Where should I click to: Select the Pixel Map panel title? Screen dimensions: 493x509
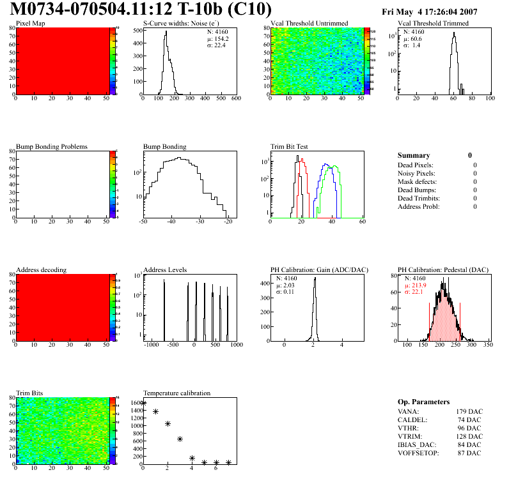pos(30,24)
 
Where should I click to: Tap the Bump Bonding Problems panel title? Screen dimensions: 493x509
pos(52,147)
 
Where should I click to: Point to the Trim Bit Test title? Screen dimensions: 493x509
pos(290,147)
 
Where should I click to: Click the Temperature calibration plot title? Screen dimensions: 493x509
pos(177,393)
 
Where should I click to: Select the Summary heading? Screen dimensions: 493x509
pos(414,155)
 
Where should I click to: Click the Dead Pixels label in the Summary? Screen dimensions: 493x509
pos(416,165)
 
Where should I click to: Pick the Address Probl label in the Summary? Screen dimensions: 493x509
pos(419,206)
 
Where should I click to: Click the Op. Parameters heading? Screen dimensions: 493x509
pos(424,402)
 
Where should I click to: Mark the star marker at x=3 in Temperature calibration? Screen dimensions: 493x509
pos(180,439)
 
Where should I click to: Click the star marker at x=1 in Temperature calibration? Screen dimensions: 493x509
pos(156,412)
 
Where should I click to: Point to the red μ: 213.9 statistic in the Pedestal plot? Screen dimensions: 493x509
pos(416,285)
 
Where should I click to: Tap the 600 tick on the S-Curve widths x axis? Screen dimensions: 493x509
pos(235,98)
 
